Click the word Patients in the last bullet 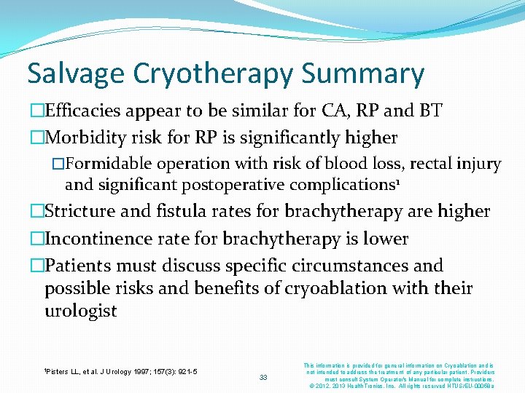[77, 266]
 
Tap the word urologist [81, 311]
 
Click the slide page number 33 [264, 377]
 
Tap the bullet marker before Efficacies [36, 111]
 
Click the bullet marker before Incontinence [36, 239]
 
